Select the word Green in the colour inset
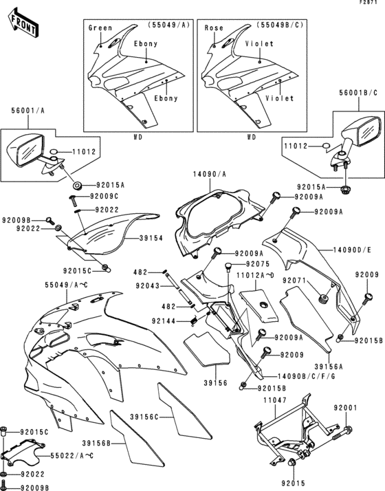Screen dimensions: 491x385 click(101, 28)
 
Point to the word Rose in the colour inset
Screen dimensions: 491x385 click(214, 28)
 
